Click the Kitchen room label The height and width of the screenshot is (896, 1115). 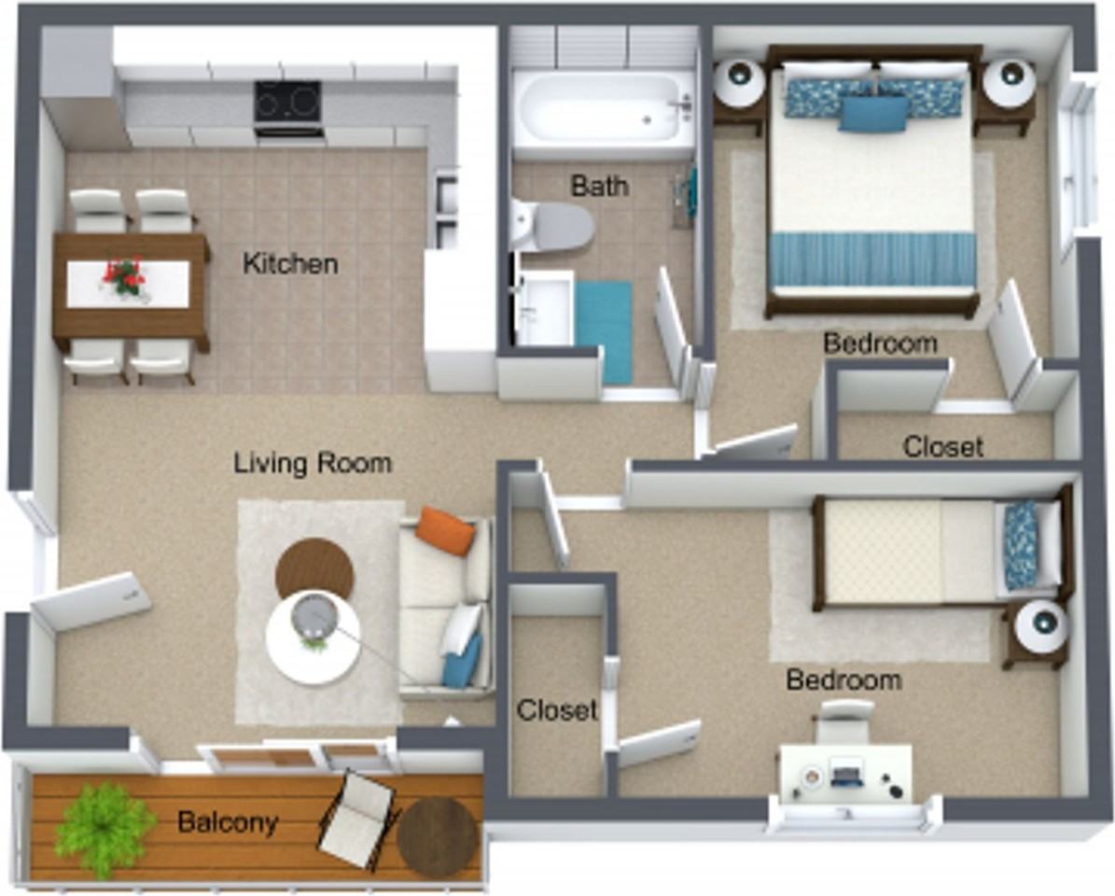click(x=290, y=264)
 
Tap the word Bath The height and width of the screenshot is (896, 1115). click(x=599, y=186)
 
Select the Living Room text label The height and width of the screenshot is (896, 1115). click(x=312, y=462)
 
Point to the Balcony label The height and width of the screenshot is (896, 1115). click(x=228, y=822)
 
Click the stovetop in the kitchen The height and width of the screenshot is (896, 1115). click(x=287, y=102)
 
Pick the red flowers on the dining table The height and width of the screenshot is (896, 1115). click(x=124, y=275)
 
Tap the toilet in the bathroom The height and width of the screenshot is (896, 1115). click(x=555, y=227)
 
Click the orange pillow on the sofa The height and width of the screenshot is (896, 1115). click(x=445, y=530)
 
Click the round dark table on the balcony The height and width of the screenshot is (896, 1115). click(x=437, y=837)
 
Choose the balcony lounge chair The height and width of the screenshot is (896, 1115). click(x=357, y=819)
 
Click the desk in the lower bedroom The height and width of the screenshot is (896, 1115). click(x=845, y=772)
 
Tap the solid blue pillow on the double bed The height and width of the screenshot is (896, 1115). click(x=873, y=114)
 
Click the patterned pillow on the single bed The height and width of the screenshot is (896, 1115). click(x=1021, y=544)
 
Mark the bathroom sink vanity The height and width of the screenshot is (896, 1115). click(x=543, y=307)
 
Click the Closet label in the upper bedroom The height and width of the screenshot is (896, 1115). click(x=942, y=447)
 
